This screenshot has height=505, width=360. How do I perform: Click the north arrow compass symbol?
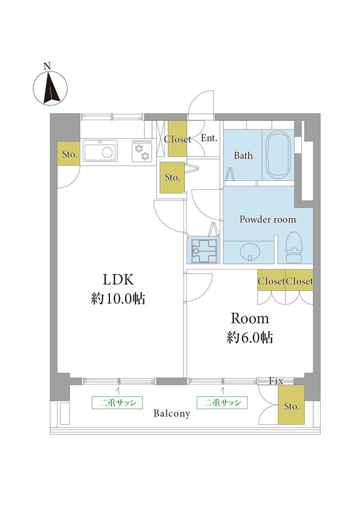click(50, 87)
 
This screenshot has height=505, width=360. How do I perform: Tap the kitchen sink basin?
click(100, 151)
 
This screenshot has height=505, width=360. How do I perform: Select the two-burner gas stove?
click(142, 151)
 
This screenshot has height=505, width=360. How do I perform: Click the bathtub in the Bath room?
click(279, 156)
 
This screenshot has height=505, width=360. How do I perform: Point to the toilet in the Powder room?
click(294, 247)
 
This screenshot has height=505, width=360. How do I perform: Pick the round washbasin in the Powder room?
click(250, 251)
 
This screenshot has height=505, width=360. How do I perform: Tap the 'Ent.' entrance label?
click(209, 138)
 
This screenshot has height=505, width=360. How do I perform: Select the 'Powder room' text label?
click(268, 219)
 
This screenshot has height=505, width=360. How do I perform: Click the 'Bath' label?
click(243, 156)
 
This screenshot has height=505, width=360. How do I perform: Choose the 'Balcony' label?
click(172, 414)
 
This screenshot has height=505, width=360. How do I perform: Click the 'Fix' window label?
click(276, 381)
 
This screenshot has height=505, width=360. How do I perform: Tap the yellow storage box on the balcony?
click(291, 404)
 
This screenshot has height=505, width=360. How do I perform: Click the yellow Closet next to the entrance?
click(178, 138)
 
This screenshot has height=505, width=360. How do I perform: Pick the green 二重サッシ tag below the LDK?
click(117, 402)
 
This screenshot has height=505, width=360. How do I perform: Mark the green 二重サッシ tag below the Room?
click(222, 402)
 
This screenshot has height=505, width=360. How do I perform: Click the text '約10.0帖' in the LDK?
click(118, 299)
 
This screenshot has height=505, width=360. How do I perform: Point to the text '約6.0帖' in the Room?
click(250, 338)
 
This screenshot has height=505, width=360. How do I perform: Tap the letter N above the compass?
click(47, 67)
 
